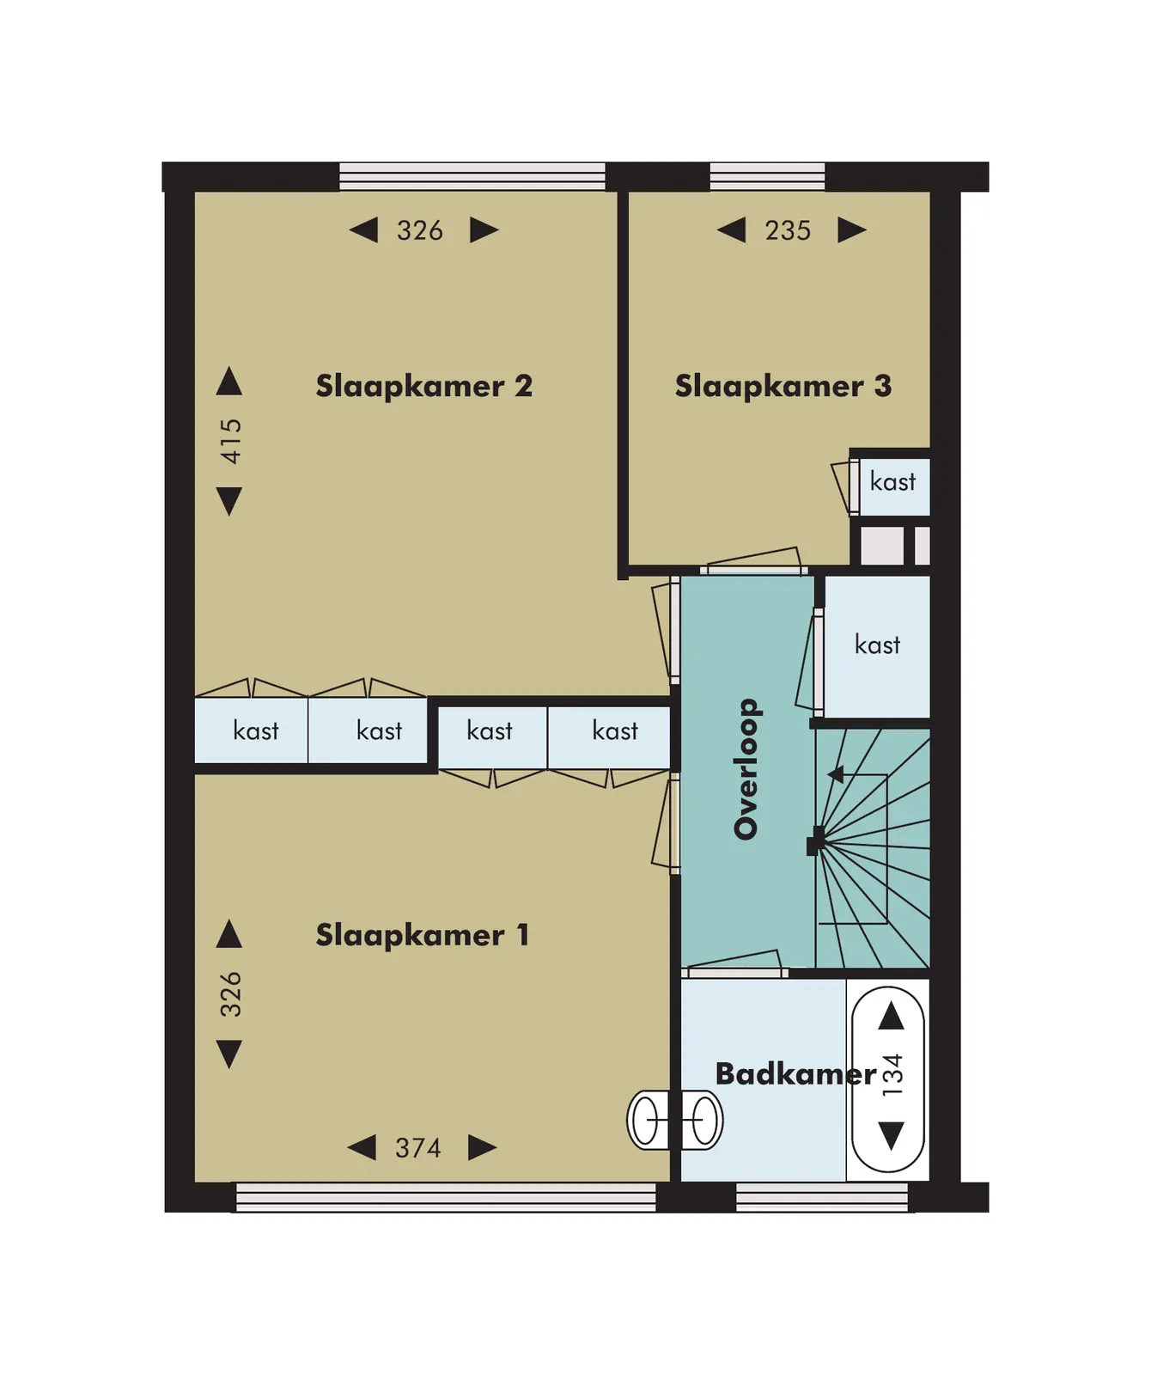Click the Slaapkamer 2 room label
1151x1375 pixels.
pyautogui.click(x=424, y=386)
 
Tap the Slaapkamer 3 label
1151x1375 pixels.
pyautogui.click(x=783, y=386)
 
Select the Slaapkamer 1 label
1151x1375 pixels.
pyautogui.click(x=422, y=935)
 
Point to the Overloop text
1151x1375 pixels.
pyautogui.click(x=746, y=769)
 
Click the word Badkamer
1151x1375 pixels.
pyautogui.click(x=795, y=1073)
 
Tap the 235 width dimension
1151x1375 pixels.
pyautogui.click(x=788, y=230)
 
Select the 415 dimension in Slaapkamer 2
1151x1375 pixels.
pyautogui.click(x=230, y=442)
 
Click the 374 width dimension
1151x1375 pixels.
pyautogui.click(x=418, y=1148)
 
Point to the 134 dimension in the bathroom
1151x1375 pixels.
pyautogui.click(x=892, y=1075)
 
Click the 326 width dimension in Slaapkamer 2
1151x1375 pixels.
pyautogui.click(x=420, y=230)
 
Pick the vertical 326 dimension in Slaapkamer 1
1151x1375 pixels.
pyautogui.click(x=230, y=994)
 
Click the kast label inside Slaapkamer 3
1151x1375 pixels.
pyautogui.click(x=892, y=481)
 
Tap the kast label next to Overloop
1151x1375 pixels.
pyautogui.click(x=877, y=645)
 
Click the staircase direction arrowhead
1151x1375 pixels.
pyautogui.click(x=835, y=774)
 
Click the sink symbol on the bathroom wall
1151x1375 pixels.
pyautogui.click(x=675, y=1120)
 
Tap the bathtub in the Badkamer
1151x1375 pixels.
pyautogui.click(x=888, y=1079)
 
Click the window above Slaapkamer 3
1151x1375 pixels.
pyautogui.click(x=767, y=176)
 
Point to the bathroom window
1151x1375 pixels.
pyautogui.click(x=822, y=1197)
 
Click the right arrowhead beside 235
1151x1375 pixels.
pyautogui.click(x=852, y=230)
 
